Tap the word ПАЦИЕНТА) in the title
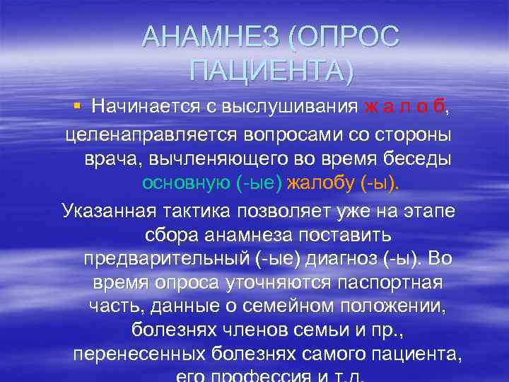coord(271,71)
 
